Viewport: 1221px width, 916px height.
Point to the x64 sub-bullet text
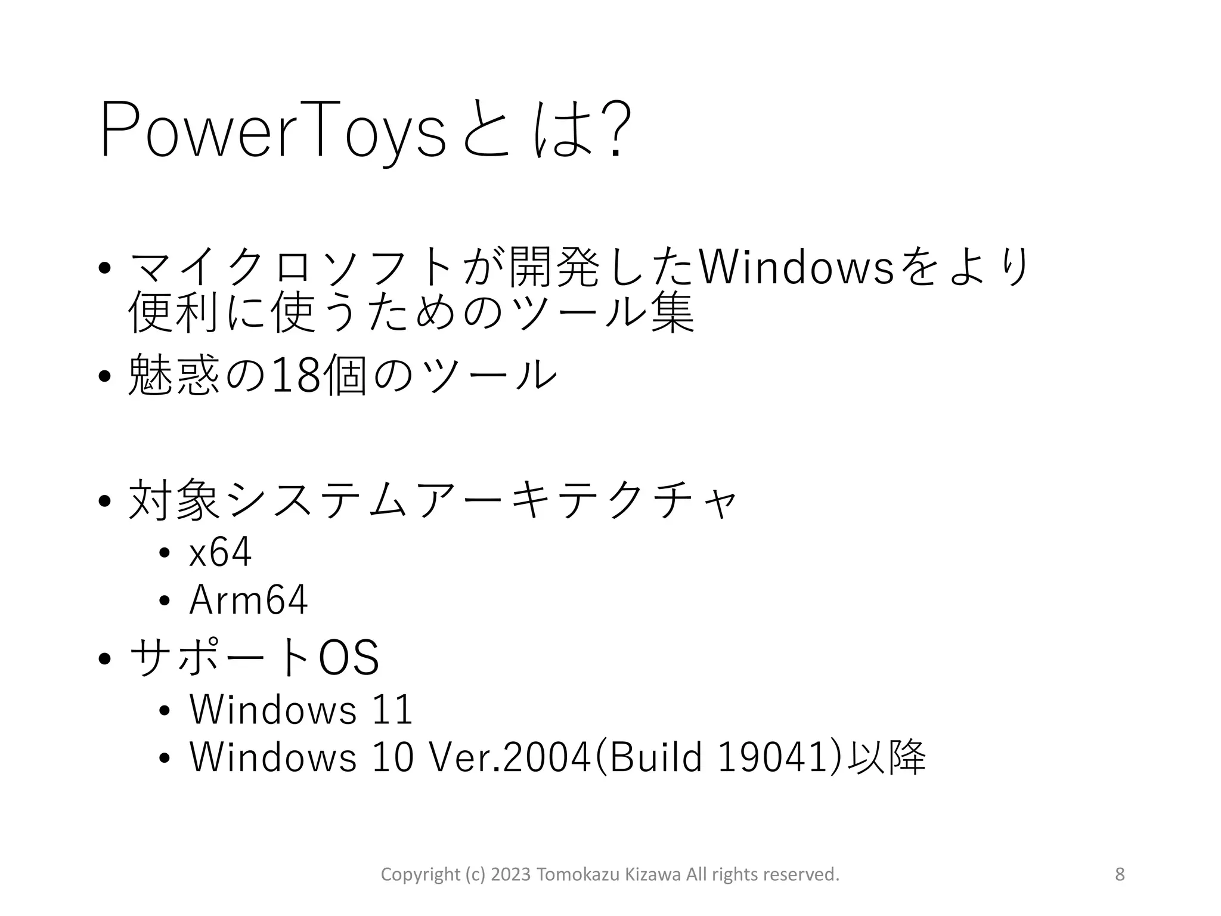(x=220, y=552)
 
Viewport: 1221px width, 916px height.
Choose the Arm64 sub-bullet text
(x=248, y=600)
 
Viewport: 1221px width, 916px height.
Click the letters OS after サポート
(x=349, y=658)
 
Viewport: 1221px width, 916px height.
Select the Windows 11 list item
(x=301, y=710)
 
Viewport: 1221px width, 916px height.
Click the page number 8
(x=1120, y=874)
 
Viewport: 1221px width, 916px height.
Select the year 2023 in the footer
(x=510, y=874)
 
